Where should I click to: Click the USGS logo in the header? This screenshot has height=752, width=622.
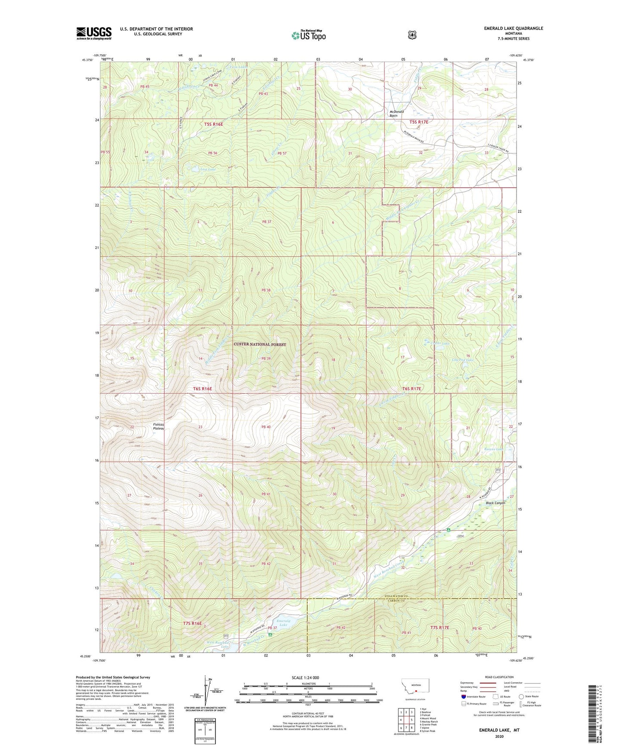coord(94,33)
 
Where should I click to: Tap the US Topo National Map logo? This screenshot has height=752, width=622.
coord(308,35)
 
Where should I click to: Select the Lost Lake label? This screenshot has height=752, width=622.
coord(208,169)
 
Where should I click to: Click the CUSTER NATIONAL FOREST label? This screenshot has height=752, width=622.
coord(260,344)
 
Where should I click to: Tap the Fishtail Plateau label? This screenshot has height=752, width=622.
coord(159,426)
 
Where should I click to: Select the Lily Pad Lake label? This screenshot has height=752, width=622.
coord(463,360)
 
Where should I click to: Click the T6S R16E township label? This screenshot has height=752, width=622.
coord(202,388)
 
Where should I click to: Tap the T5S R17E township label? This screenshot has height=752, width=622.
coord(419,122)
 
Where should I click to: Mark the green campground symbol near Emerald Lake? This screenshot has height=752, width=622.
coord(270,634)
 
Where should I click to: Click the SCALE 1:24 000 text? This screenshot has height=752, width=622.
coord(305,677)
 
